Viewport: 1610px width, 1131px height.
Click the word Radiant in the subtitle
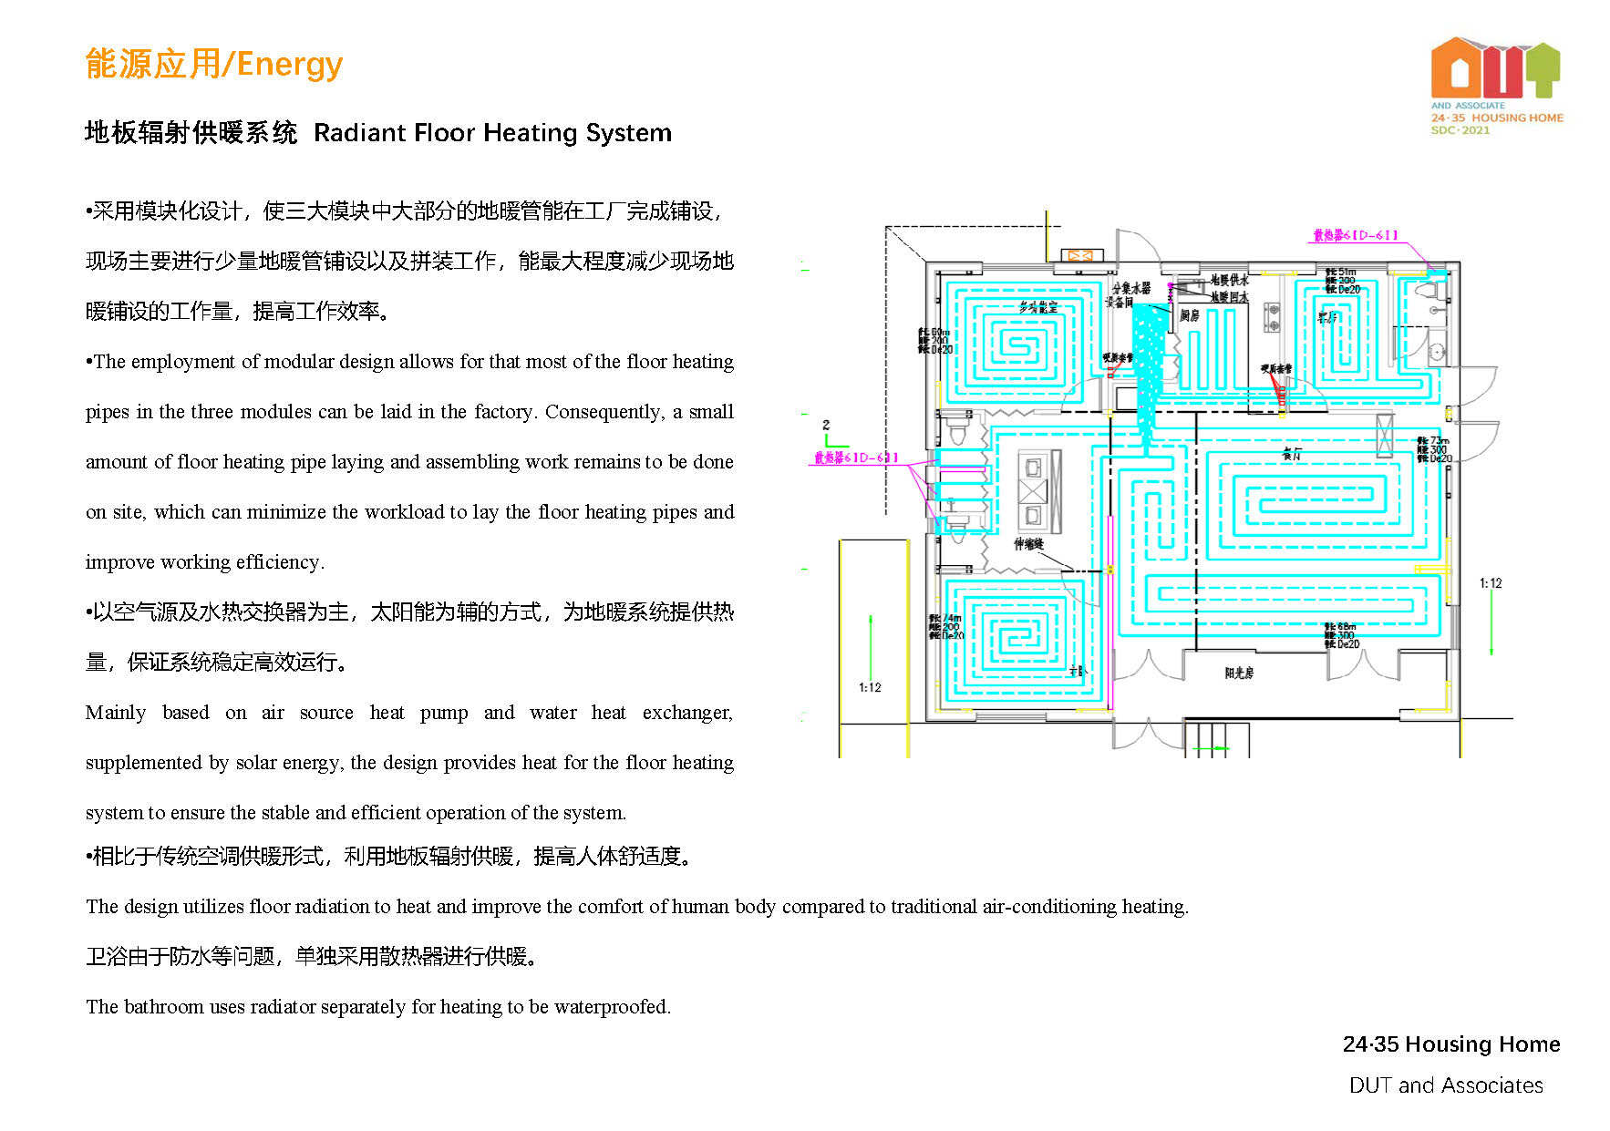(x=358, y=133)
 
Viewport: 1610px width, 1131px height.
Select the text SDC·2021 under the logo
(x=1460, y=130)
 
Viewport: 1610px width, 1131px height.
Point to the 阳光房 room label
(x=1239, y=673)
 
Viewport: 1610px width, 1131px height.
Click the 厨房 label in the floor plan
(x=1190, y=315)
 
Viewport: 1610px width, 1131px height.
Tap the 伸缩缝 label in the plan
(x=1028, y=544)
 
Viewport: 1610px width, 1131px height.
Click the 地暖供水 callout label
(x=1229, y=280)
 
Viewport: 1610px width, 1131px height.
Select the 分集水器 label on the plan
(x=1130, y=288)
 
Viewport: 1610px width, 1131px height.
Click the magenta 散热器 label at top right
(x=1355, y=235)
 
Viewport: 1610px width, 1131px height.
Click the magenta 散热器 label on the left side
(x=855, y=458)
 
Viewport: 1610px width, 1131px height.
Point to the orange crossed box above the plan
(x=1080, y=256)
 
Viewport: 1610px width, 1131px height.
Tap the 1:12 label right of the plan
(x=1490, y=583)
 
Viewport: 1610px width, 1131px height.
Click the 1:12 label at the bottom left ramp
(x=870, y=687)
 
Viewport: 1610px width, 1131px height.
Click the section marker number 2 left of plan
(x=826, y=425)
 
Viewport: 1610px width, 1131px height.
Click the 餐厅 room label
(x=1292, y=453)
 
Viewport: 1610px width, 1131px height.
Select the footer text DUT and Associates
(x=1446, y=1085)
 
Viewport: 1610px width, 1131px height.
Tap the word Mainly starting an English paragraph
(x=116, y=713)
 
